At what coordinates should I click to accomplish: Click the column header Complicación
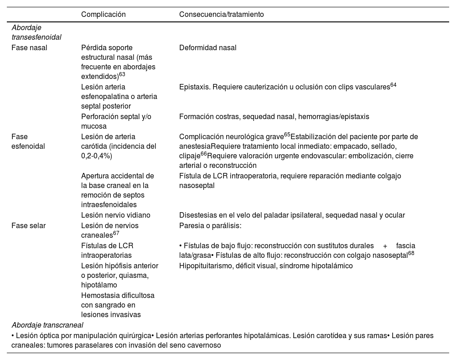click(103, 15)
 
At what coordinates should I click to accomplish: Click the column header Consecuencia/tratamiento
click(221, 15)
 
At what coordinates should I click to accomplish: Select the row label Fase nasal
click(29, 47)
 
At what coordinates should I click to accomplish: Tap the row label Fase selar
click(28, 225)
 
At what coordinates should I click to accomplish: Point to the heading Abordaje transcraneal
click(47, 325)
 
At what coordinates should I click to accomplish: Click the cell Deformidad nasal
click(207, 47)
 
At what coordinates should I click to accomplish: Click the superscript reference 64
click(393, 85)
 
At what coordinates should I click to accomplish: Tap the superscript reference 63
click(122, 75)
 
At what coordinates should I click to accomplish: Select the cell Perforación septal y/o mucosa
click(116, 121)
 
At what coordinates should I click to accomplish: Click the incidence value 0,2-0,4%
click(96, 156)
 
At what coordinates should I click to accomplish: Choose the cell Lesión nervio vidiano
click(115, 215)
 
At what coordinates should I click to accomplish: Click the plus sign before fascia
click(385, 245)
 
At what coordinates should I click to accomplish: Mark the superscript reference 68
click(411, 253)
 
